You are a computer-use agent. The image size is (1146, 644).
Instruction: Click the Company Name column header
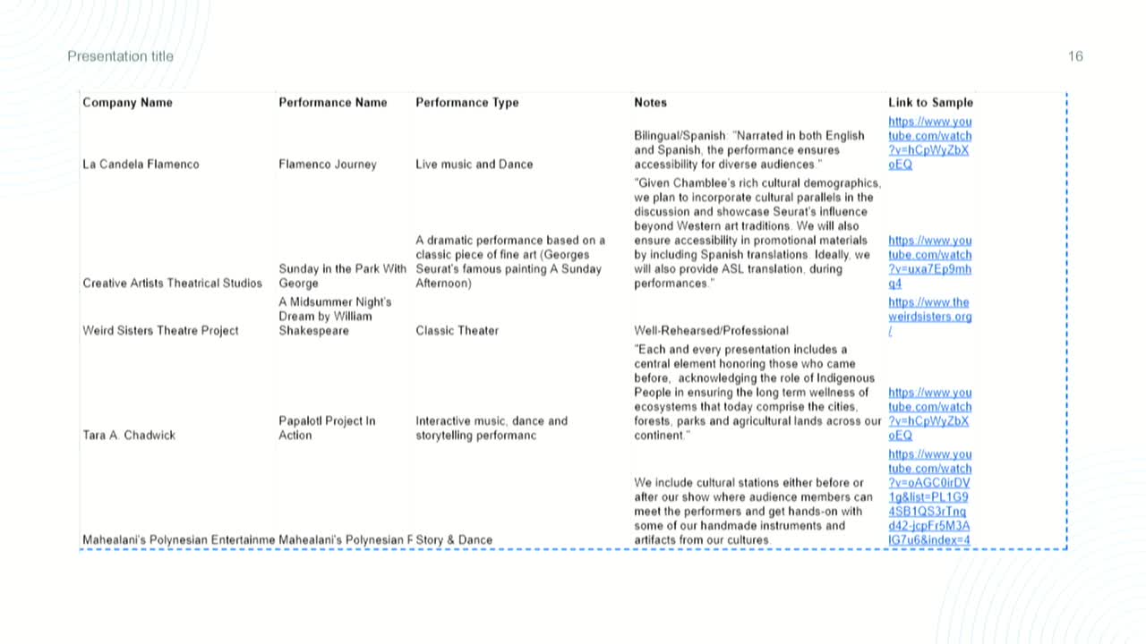click(127, 103)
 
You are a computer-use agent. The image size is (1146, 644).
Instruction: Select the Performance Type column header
click(466, 103)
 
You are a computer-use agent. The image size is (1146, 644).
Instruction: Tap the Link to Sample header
click(930, 103)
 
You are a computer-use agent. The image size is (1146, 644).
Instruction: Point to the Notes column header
click(650, 103)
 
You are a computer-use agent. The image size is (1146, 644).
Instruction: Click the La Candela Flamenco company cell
click(141, 165)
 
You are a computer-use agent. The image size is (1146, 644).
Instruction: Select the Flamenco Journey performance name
click(328, 165)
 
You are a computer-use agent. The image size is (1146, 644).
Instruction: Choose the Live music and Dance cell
click(474, 165)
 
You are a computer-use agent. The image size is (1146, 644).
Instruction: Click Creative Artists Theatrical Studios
click(172, 284)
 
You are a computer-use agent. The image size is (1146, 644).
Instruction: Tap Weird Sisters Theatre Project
click(160, 331)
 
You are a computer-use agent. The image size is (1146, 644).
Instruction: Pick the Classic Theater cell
click(457, 331)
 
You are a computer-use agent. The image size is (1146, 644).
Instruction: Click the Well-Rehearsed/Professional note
click(711, 331)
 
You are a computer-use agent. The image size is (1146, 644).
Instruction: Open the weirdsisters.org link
click(929, 317)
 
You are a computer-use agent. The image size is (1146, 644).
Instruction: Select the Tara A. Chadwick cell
click(129, 436)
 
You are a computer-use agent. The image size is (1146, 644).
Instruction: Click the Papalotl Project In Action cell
click(327, 428)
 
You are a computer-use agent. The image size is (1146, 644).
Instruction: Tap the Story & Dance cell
click(454, 540)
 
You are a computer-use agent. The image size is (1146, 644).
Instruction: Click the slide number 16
click(1075, 56)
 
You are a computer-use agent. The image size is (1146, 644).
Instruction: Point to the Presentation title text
click(121, 56)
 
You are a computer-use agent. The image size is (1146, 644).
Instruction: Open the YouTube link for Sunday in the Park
click(929, 262)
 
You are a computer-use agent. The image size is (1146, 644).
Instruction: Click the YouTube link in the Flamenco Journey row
click(929, 143)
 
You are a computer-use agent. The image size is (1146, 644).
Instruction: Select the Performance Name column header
click(333, 103)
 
